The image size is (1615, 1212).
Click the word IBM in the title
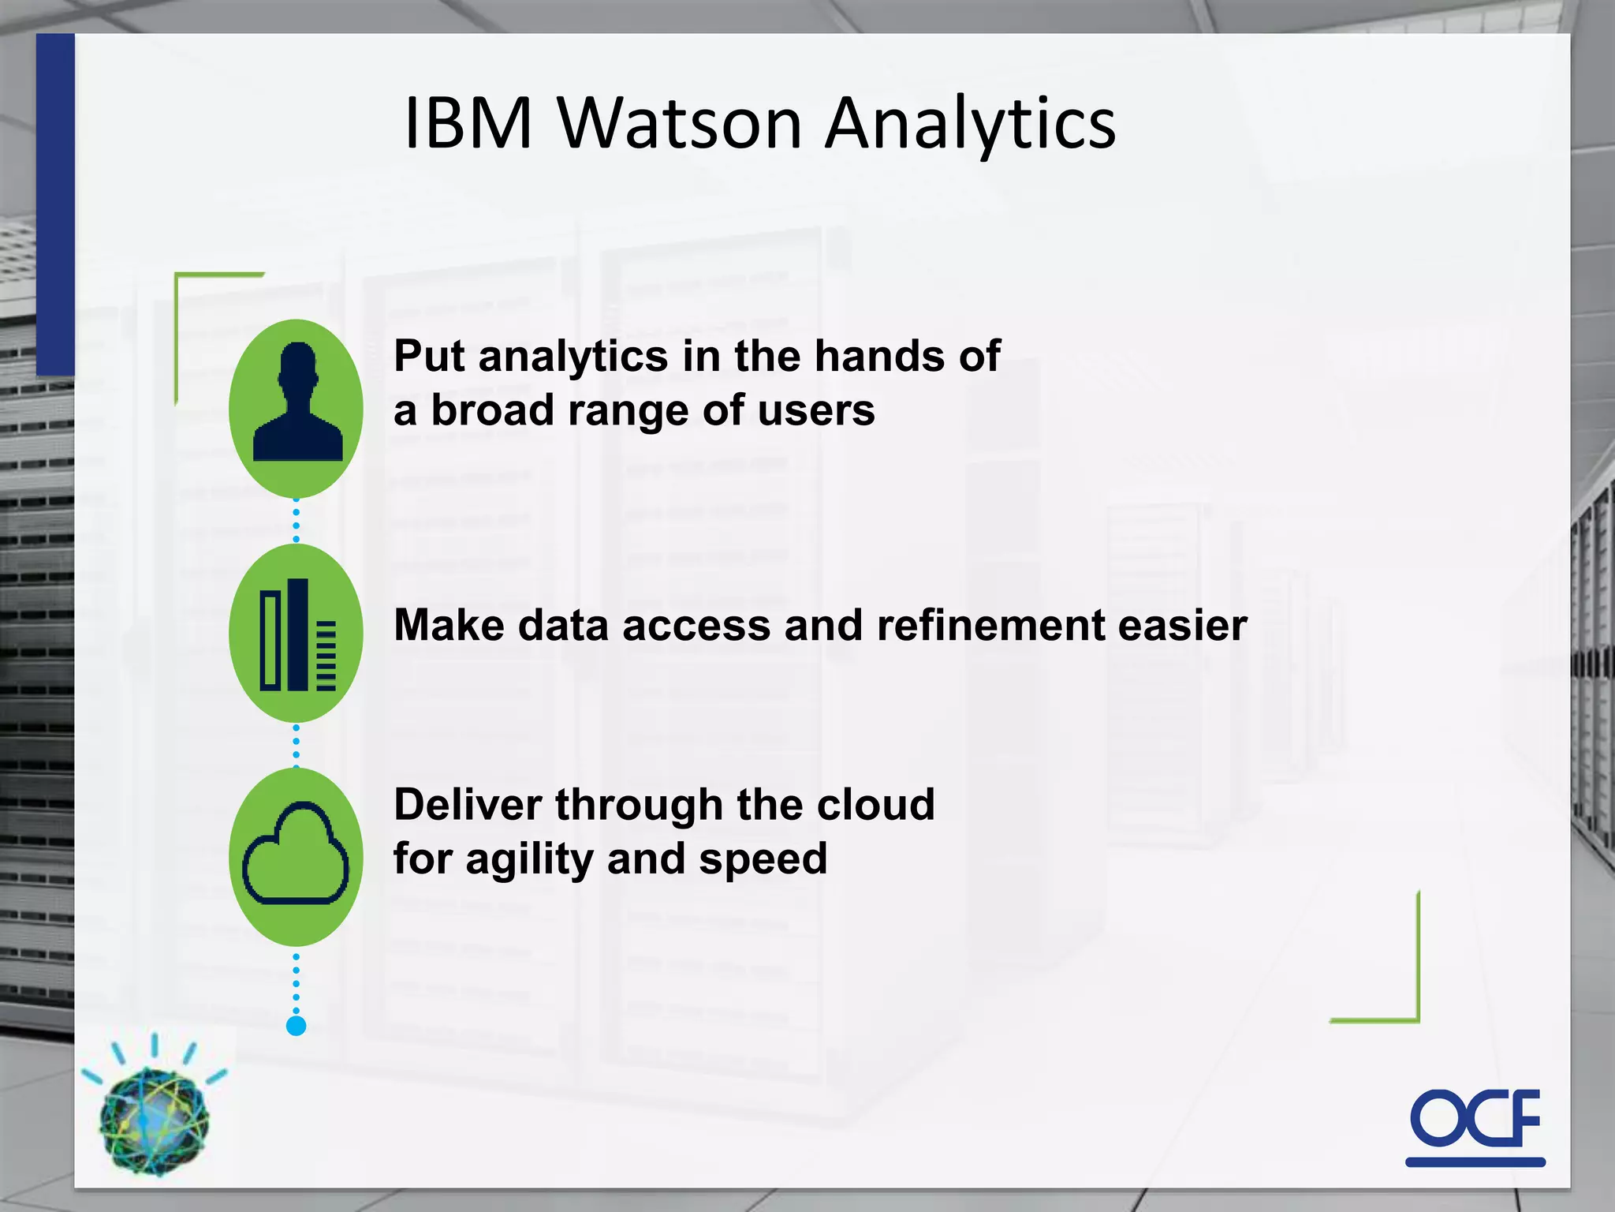coord(468,124)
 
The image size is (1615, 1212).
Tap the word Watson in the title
coord(680,124)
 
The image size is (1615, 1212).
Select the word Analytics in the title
coord(970,124)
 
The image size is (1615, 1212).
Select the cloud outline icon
coord(297,855)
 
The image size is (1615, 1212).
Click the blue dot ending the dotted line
coord(297,1026)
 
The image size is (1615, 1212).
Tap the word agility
coord(529,860)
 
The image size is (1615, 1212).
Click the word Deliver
coord(468,805)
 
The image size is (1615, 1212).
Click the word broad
coord(492,411)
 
